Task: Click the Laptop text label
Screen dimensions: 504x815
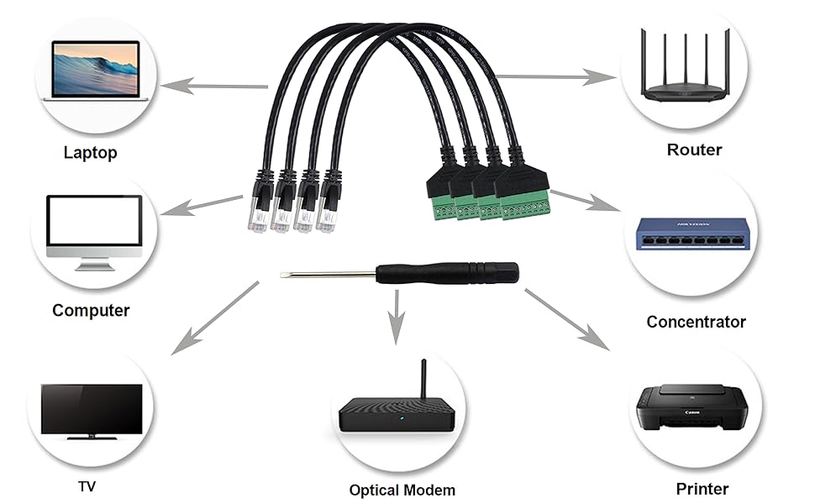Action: click(90, 152)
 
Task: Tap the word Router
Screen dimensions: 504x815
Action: click(694, 150)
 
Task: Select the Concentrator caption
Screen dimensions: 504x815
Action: click(696, 322)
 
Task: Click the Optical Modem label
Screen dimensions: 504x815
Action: click(402, 490)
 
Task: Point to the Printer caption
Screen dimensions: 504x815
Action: click(702, 488)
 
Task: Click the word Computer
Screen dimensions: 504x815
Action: click(91, 310)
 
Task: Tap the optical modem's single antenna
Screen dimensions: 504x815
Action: click(423, 382)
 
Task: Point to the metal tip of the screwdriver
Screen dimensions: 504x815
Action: click(286, 274)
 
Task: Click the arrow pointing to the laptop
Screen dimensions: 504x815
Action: click(214, 85)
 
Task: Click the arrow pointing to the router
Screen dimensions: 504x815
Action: click(559, 77)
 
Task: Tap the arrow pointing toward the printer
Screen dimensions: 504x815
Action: click(568, 320)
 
